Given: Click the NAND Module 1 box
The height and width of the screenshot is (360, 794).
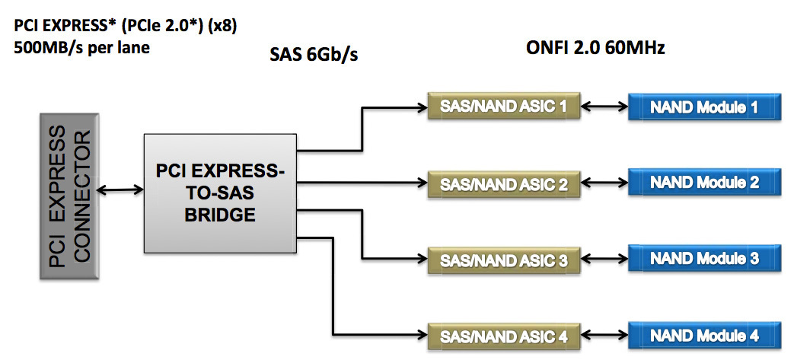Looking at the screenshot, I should click(x=704, y=107).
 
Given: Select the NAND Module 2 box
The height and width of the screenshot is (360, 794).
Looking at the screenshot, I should click(x=704, y=183).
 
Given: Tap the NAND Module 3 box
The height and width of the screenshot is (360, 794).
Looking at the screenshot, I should click(x=704, y=259).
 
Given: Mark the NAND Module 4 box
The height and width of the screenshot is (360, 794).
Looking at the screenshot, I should click(x=704, y=335).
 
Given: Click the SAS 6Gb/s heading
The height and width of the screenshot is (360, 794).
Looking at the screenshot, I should click(x=314, y=56).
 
